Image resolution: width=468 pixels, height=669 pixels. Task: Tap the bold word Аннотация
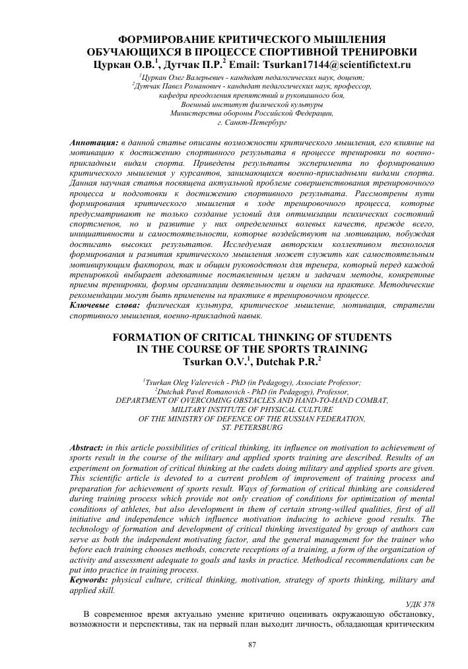94,143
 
